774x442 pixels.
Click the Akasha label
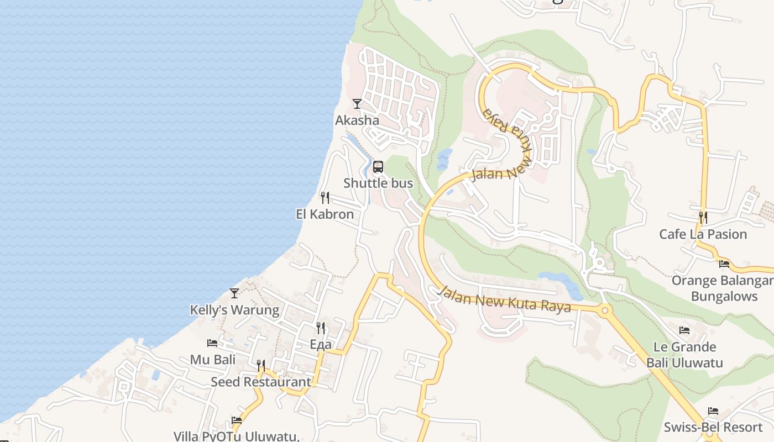(357, 120)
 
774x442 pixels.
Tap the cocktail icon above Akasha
(357, 103)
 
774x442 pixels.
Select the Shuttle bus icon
(378, 166)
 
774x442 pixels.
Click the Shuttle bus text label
(378, 183)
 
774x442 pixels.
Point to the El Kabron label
(325, 214)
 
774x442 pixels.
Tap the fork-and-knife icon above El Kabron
(325, 197)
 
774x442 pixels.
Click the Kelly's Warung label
(234, 310)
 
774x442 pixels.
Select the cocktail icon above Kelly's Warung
(234, 293)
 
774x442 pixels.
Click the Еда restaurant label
(321, 345)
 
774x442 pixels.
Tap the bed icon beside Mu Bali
(212, 343)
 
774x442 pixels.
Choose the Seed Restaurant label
(261, 382)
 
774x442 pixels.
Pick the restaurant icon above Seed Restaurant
(261, 365)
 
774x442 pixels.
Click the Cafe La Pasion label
(703, 234)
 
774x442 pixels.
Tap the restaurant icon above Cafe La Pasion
(703, 217)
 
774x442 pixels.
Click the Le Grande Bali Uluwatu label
(684, 355)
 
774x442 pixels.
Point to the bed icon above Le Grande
(684, 330)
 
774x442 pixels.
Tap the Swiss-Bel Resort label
(713, 427)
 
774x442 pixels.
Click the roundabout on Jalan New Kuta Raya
(604, 311)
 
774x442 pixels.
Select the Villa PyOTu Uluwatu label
(237, 436)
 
